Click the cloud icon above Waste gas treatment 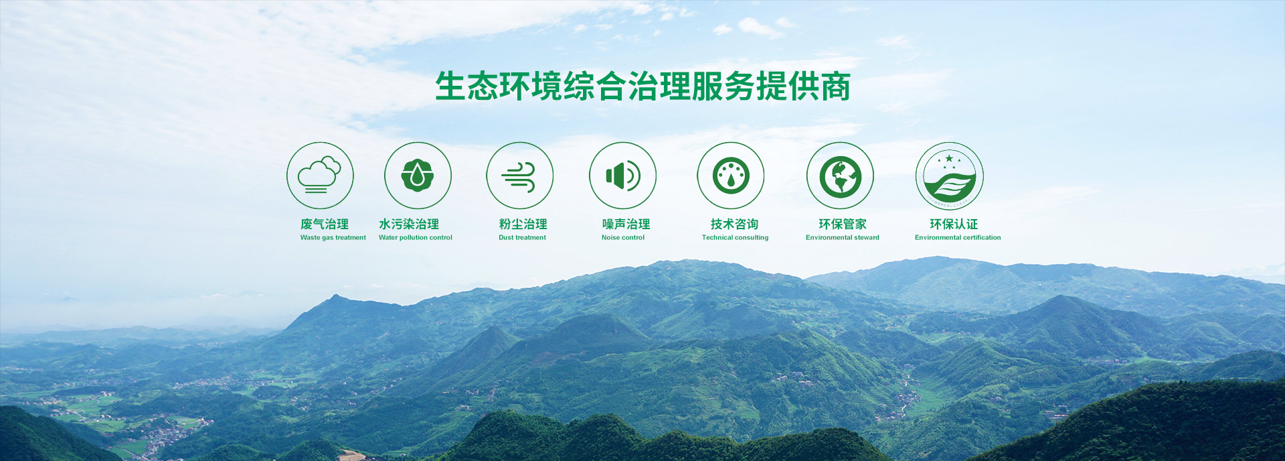point(320,176)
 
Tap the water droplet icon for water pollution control point(418,176)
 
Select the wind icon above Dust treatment point(519,176)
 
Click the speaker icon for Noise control point(622,176)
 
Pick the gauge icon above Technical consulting point(731,176)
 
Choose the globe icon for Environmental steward point(840,176)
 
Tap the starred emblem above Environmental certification point(949,176)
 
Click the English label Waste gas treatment point(333,238)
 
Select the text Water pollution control point(416,238)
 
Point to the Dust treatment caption point(522,238)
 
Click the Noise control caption point(623,238)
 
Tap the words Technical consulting point(735,238)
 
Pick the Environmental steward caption point(843,238)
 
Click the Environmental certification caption point(958,238)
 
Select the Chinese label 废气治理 point(325,224)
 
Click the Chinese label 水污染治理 point(409,224)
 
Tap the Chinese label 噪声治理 point(626,224)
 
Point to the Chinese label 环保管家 point(843,224)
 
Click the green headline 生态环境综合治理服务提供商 point(642,86)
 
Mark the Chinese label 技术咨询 point(734,224)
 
